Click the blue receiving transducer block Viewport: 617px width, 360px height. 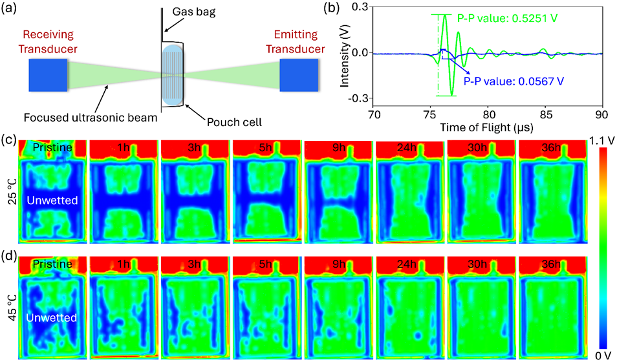point(48,75)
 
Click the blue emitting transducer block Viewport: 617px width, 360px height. point(299,75)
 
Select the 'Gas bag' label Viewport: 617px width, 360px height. point(194,12)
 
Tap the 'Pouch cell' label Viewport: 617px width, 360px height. point(234,122)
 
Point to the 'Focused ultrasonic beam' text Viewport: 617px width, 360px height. point(91,118)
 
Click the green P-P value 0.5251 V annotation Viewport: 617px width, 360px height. point(507,18)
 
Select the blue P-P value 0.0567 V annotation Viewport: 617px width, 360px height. point(514,81)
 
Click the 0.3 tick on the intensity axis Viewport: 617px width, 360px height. point(362,7)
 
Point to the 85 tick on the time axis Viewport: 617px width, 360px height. point(545,114)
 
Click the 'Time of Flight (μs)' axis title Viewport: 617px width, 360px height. point(487,127)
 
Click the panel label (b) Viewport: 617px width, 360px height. point(330,8)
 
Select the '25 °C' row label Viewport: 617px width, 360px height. point(12,191)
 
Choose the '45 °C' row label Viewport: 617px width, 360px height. point(12,308)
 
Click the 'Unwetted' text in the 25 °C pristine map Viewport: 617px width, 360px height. point(52,200)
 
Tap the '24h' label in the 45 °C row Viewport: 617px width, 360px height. point(406,264)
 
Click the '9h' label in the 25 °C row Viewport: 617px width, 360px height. point(339,147)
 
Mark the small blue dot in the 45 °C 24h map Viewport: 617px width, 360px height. point(418,335)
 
